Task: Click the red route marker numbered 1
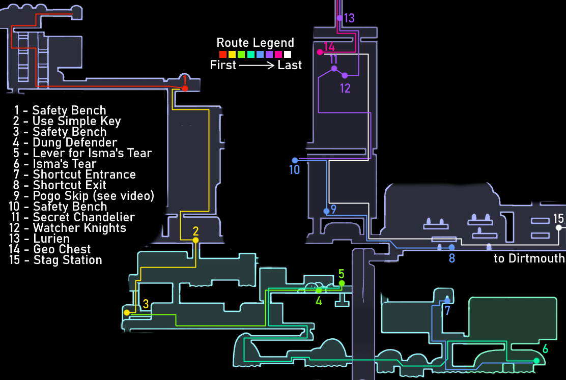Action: [x=185, y=89]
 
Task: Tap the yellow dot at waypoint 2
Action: [x=195, y=240]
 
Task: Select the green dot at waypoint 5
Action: [x=342, y=283]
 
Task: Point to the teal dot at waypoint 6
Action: [x=536, y=360]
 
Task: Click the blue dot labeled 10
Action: [x=295, y=160]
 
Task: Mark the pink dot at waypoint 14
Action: [x=320, y=52]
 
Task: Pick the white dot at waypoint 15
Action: [x=559, y=227]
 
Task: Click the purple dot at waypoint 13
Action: [x=339, y=18]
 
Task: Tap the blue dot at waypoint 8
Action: [x=451, y=247]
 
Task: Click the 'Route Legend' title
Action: [x=255, y=43]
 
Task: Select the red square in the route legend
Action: [x=222, y=54]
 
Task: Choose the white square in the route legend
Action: [x=288, y=54]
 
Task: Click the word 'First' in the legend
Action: [x=223, y=65]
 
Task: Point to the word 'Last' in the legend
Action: [x=290, y=65]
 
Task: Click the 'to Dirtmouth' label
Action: [x=529, y=258]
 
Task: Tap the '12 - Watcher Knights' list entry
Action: [x=68, y=227]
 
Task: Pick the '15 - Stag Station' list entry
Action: [x=56, y=260]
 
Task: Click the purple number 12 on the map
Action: [x=345, y=88]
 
